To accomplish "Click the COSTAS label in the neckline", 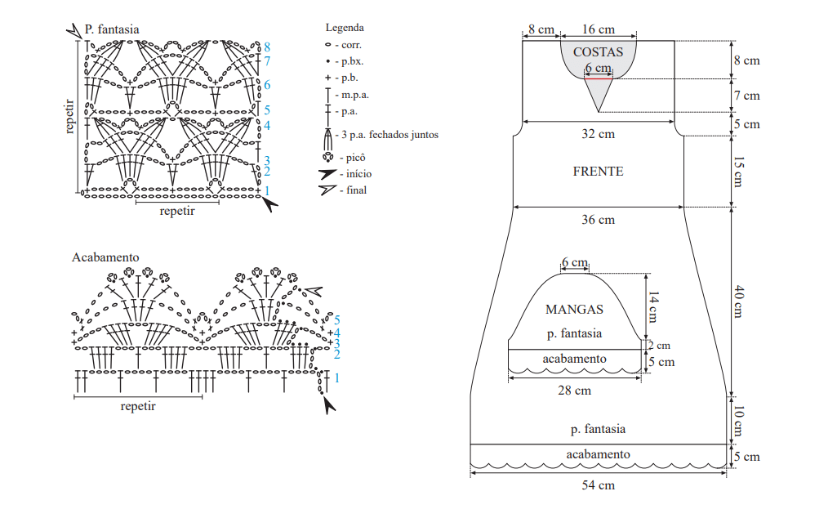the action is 598,51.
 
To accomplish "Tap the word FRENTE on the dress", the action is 598,172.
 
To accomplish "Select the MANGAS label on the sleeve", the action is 574,309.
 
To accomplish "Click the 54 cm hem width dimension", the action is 598,485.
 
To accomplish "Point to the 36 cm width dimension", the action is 598,220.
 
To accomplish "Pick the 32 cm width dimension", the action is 598,133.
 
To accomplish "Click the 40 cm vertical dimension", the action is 738,301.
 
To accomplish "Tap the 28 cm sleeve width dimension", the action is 574,391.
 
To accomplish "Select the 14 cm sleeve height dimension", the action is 653,307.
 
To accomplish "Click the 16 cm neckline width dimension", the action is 598,29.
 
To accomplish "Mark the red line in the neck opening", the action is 599,79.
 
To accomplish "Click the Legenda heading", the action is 345,27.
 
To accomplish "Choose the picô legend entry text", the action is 355,158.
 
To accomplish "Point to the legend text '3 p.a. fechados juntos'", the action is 390,135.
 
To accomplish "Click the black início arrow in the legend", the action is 327,174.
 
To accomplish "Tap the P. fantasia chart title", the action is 112,29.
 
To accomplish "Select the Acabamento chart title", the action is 105,257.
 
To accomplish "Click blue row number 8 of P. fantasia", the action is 267,47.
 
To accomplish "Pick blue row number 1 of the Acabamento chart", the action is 336,378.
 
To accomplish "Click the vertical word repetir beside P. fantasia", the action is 69,116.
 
